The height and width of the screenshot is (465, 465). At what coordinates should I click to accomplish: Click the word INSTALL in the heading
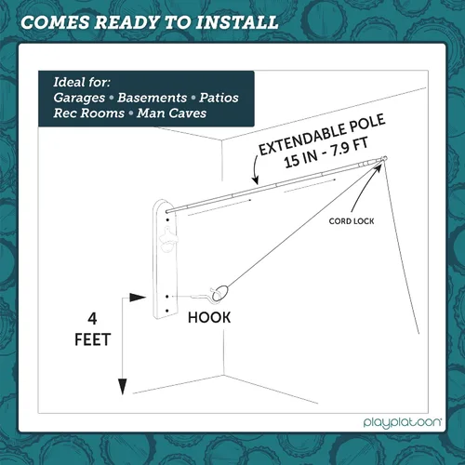coord(237,22)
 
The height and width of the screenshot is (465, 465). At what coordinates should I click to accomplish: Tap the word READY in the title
coord(126,22)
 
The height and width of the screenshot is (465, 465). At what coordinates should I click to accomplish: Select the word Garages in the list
coord(79,98)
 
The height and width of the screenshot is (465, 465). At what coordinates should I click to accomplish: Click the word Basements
coord(152,98)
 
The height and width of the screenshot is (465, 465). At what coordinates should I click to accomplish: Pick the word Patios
coord(219,98)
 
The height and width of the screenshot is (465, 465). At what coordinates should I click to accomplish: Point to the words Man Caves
coord(172,113)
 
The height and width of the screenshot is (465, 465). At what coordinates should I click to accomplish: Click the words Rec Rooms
coord(89,113)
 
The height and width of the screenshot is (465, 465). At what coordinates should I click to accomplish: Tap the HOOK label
coord(209,318)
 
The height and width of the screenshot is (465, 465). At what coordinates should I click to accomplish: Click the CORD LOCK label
coord(352,221)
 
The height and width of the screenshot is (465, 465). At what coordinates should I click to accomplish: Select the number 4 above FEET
coord(92,319)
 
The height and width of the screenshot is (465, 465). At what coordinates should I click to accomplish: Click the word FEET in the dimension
coord(93,339)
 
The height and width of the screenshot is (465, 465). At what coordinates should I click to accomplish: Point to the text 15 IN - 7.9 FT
coord(326,153)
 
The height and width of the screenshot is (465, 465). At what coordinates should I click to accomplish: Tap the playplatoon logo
coord(403,423)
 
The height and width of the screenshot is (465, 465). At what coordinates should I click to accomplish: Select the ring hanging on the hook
coord(221,293)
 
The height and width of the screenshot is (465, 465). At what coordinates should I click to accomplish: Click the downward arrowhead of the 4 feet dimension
coord(123,387)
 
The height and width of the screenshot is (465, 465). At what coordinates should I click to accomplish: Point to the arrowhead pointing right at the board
coord(138,298)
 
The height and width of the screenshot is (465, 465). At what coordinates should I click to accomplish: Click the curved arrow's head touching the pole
coord(256,179)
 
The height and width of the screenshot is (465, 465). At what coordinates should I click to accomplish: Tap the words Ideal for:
coord(82,82)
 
